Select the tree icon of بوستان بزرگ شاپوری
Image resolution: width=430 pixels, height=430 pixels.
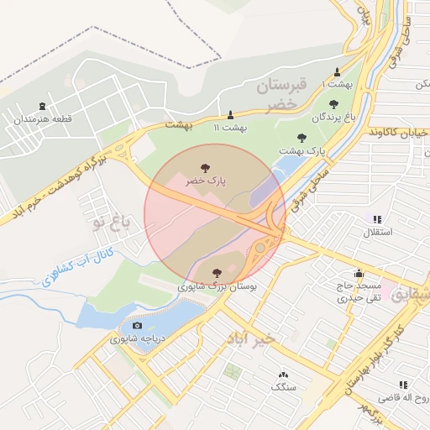coord(218,272)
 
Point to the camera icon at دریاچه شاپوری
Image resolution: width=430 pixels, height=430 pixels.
coord(137,326)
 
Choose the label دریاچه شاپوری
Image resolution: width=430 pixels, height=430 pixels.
coord(137,339)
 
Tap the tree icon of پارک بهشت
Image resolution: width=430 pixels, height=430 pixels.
coord(302,137)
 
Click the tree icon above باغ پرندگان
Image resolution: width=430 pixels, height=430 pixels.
coord(333,104)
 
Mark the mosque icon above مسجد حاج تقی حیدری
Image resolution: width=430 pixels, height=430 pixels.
coord(359,273)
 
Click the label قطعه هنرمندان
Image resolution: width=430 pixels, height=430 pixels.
coord(42,120)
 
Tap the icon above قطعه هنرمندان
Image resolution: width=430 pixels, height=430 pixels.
coord(42,107)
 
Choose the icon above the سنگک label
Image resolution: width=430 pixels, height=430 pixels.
coord(283,375)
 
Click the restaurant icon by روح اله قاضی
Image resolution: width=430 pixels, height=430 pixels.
coord(403,384)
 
